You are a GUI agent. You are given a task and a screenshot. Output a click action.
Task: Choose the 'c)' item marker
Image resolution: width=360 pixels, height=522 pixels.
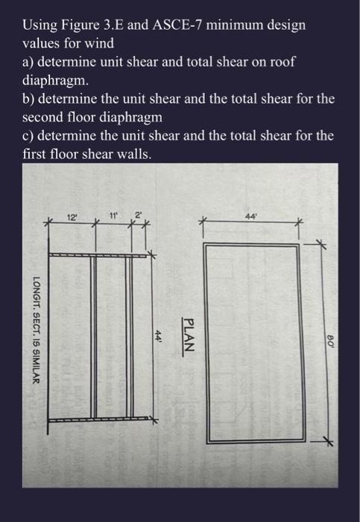click(x=29, y=136)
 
